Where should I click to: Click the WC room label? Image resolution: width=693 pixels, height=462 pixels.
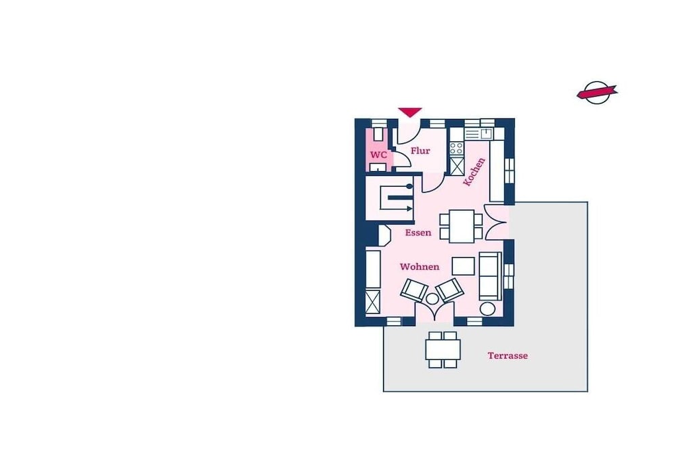coord(379,155)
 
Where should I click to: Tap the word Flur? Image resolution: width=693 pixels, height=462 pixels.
coord(420,151)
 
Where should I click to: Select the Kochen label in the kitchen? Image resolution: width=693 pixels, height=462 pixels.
coord(474,171)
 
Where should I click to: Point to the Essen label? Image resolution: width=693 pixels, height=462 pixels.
coord(418,232)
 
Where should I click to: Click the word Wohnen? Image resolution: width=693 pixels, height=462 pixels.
coord(420,267)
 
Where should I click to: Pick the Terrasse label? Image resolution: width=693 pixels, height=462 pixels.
coord(508,356)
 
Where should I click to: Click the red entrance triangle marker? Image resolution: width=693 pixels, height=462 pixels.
coord(410,112)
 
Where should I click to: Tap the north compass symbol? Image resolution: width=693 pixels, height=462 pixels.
coord(597,92)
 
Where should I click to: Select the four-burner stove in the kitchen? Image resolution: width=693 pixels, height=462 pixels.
coord(457,148)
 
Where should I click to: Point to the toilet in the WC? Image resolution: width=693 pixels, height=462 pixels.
coord(378,133)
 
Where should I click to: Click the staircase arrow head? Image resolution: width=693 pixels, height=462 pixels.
coord(410,208)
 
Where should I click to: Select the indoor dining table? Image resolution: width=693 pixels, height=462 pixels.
coord(462,226)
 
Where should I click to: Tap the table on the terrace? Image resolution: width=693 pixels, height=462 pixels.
coord(443,349)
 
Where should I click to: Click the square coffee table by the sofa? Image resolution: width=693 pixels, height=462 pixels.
coord(463,267)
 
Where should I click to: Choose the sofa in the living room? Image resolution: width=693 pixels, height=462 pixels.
coord(491,276)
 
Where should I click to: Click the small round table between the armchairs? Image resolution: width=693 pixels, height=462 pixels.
coord(432,299)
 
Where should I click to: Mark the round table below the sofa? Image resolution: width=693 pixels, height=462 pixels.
coord(487,308)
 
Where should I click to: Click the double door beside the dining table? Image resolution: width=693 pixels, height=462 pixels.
coord(495,222)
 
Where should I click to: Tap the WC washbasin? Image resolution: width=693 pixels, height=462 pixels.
coord(378,167)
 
